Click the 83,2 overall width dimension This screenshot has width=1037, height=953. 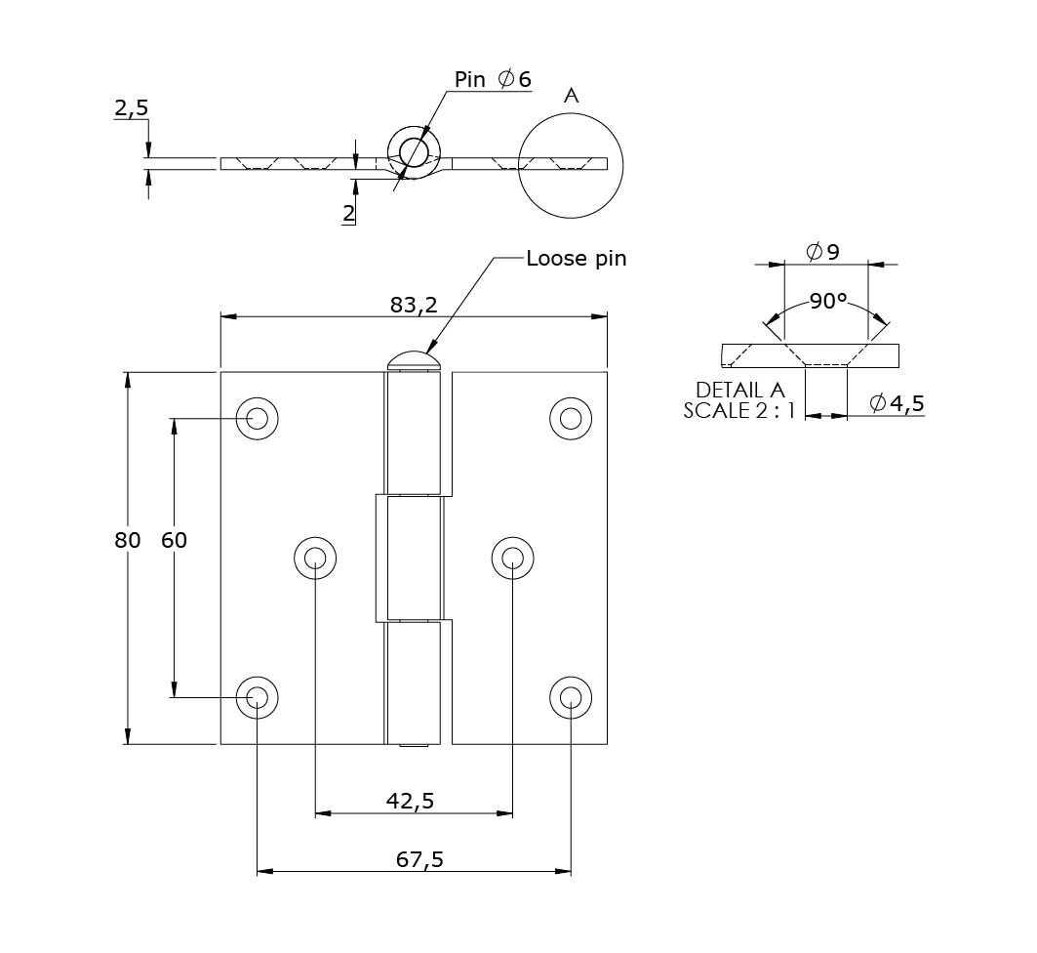pyautogui.click(x=413, y=305)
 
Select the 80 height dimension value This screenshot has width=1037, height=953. pyautogui.click(x=127, y=540)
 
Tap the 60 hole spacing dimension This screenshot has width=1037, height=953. pyautogui.click(x=174, y=540)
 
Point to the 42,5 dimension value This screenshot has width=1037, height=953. pyautogui.click(x=410, y=801)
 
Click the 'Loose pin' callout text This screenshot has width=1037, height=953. pyautogui.click(x=576, y=259)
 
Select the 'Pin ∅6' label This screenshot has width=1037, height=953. pyautogui.click(x=493, y=80)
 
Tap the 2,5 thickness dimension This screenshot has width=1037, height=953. pyautogui.click(x=131, y=108)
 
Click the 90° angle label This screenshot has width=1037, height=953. pyautogui.click(x=827, y=302)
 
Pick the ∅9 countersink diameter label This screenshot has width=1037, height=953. pyautogui.click(x=823, y=252)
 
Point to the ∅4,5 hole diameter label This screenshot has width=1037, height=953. pyautogui.click(x=896, y=403)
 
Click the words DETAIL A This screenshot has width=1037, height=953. pyautogui.click(x=739, y=391)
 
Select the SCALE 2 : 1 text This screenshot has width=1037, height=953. pyautogui.click(x=739, y=411)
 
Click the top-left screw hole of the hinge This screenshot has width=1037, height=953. pyautogui.click(x=258, y=419)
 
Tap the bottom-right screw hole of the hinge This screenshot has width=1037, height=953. pyautogui.click(x=571, y=697)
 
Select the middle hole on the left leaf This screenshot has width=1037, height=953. pyautogui.click(x=315, y=558)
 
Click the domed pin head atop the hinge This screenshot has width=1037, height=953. pyautogui.click(x=415, y=360)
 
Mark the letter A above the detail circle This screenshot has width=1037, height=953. pyautogui.click(x=572, y=96)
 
